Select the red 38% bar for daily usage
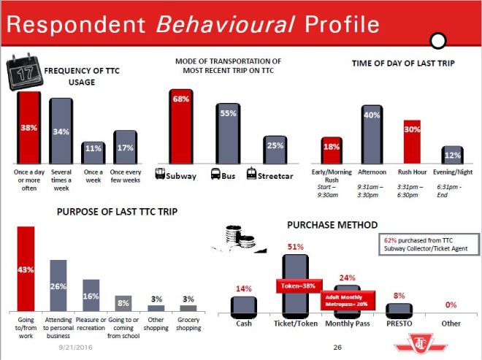pyautogui.click(x=29, y=127)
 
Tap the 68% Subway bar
pyautogui.click(x=182, y=127)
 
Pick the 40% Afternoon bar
pyautogui.click(x=372, y=135)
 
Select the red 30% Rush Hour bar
pyautogui.click(x=413, y=142)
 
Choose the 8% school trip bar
pyautogui.click(x=122, y=303)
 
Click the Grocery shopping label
pyautogui.click(x=188, y=323)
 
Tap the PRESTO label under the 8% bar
pyautogui.click(x=399, y=322)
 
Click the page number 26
pyautogui.click(x=337, y=348)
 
